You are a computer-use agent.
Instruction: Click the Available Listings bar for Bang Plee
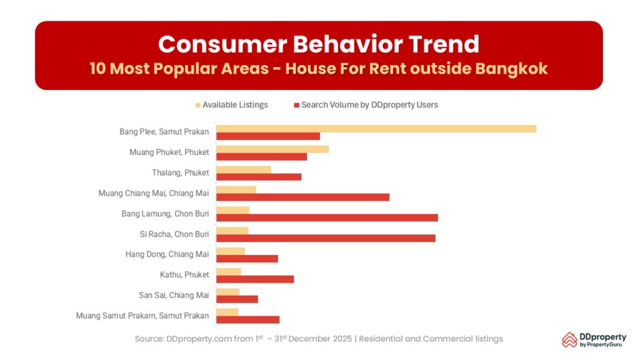(376, 129)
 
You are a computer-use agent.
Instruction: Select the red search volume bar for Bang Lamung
(327, 217)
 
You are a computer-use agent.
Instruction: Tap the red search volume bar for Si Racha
(326, 238)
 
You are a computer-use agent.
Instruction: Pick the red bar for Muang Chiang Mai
(302, 197)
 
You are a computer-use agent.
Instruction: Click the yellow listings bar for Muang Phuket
(272, 149)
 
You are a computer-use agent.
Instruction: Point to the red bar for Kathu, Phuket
(255, 279)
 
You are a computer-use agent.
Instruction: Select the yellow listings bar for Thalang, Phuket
(244, 169)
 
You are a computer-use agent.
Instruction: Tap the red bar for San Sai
(237, 299)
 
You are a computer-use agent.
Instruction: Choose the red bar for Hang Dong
(247, 258)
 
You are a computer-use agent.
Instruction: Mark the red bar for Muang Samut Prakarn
(247, 319)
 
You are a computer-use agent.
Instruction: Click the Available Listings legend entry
(232, 105)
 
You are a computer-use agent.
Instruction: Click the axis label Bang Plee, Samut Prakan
(164, 132)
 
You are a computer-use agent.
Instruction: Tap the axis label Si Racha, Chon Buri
(174, 234)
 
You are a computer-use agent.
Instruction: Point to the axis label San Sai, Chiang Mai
(174, 296)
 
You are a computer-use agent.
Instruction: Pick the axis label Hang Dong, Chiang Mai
(167, 254)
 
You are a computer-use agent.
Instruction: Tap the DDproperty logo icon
(569, 339)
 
